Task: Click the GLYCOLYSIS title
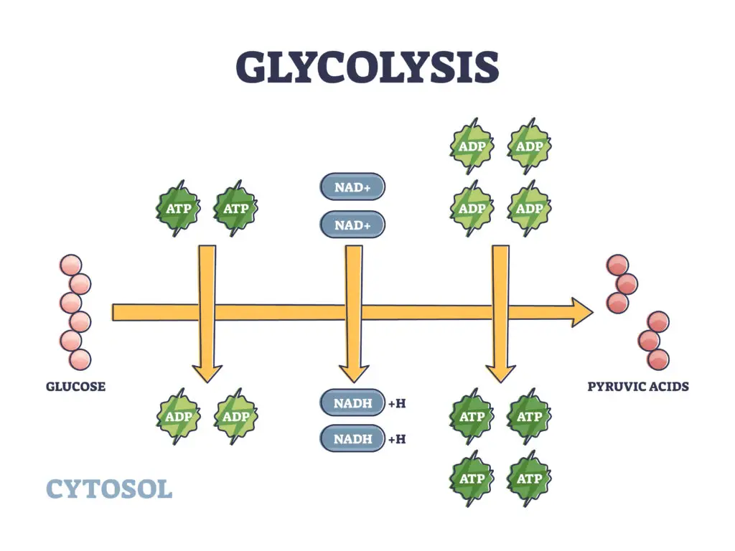(367, 68)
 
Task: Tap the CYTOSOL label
(109, 489)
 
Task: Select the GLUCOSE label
(75, 387)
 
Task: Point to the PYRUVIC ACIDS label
(638, 387)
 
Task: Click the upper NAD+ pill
(352, 188)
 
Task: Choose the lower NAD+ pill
(352, 225)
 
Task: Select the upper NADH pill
(352, 402)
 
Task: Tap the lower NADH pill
(352, 438)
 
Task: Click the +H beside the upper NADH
(397, 403)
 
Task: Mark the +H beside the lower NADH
(397, 439)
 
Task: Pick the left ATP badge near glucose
(178, 209)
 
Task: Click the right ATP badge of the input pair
(235, 209)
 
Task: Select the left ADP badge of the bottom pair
(178, 417)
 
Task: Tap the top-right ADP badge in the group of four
(529, 146)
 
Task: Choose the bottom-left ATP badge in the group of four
(472, 479)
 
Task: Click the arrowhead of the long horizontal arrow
(582, 312)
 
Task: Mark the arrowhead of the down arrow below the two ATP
(207, 372)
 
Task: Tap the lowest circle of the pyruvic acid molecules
(657, 359)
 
